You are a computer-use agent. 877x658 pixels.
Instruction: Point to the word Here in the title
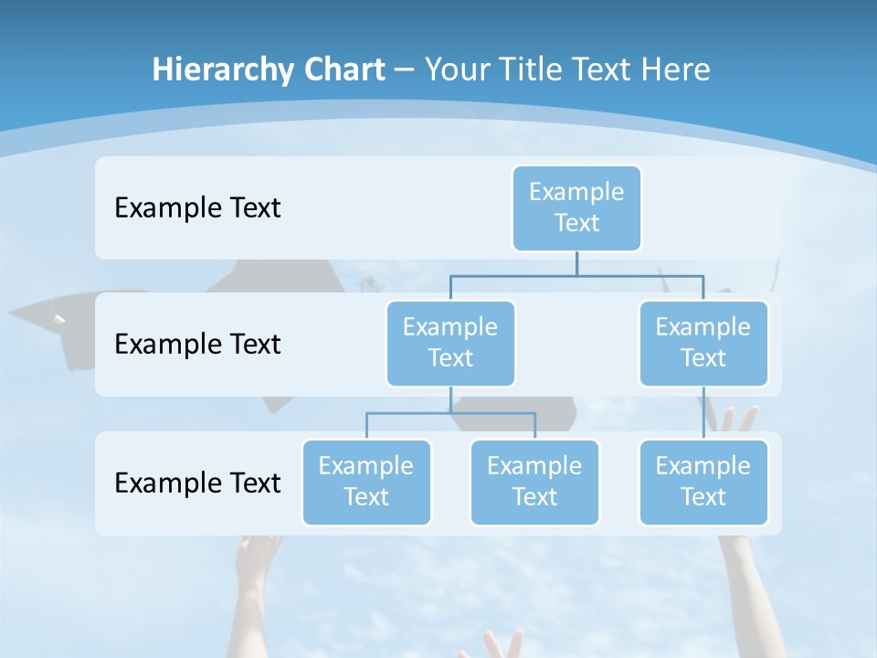tap(675, 69)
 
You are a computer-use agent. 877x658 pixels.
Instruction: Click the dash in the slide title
tap(405, 69)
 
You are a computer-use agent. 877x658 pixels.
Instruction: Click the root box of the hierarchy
tap(576, 207)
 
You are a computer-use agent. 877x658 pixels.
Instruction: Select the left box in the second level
tap(450, 343)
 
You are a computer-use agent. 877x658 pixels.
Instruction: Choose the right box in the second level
tap(703, 343)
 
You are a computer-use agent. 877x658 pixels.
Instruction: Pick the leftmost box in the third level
tap(366, 482)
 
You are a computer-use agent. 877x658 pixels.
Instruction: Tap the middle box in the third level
tap(534, 482)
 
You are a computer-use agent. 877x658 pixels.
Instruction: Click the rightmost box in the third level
tap(703, 482)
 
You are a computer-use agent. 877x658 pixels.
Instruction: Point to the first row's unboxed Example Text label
tap(197, 207)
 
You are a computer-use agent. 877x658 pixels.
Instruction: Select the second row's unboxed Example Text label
tap(197, 344)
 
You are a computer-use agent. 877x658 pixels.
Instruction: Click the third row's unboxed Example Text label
tap(197, 483)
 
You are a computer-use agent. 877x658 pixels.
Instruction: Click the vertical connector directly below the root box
tap(576, 263)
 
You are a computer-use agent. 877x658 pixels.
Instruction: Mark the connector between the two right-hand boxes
tap(703, 413)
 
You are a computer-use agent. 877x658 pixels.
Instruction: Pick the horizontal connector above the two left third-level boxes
tap(450, 413)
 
